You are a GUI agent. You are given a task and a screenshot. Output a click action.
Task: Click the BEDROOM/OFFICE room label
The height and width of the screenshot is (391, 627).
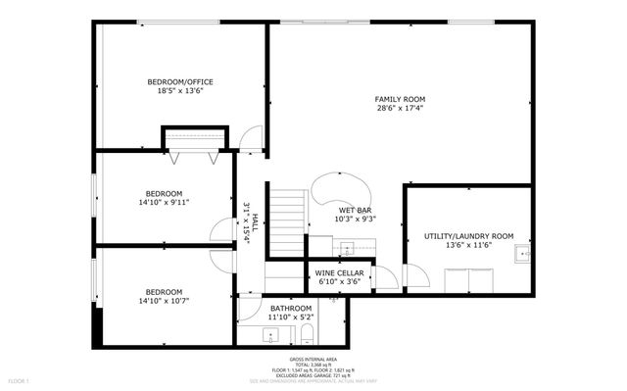point(180,81)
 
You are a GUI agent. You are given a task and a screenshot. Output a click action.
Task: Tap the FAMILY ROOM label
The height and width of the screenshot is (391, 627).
point(400,99)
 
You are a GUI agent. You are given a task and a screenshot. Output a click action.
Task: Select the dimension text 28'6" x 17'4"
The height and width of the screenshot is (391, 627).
point(400,109)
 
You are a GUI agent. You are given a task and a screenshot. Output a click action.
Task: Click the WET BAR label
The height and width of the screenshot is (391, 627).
point(356,211)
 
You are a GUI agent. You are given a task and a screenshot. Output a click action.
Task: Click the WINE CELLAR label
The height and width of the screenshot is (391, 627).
point(339,272)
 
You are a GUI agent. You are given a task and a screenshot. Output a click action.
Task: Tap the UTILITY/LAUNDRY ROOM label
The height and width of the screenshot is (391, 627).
point(468,236)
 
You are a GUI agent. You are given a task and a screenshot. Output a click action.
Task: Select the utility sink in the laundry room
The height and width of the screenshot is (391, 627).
point(523,257)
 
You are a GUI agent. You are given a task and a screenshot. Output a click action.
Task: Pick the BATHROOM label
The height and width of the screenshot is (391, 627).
point(292,308)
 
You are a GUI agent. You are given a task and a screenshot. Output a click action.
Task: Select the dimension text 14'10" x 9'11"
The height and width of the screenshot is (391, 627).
point(164,203)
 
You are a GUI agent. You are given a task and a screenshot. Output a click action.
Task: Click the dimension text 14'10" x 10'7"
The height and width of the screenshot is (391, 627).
point(164,301)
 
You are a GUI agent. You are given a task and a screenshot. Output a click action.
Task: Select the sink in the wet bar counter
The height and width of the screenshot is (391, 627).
point(345,249)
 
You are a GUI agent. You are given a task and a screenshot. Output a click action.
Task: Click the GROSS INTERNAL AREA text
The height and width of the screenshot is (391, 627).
point(313,360)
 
